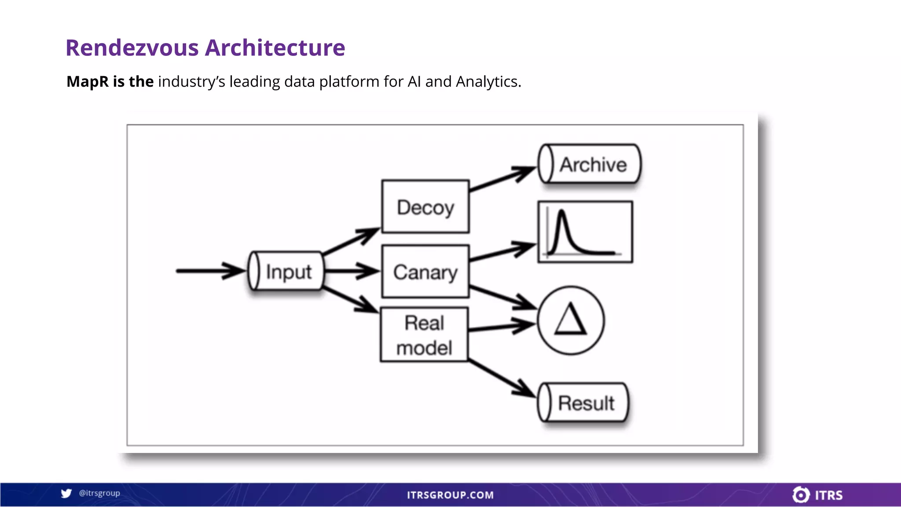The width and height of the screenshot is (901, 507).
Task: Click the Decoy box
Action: [x=425, y=207]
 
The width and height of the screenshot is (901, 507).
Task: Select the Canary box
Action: [x=425, y=272]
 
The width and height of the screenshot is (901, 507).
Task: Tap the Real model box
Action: [x=424, y=335]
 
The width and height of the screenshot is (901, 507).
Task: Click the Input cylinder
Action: [x=286, y=271]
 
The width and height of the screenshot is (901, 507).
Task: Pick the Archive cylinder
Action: [x=590, y=164]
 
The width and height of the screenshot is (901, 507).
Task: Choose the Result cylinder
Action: [x=583, y=403]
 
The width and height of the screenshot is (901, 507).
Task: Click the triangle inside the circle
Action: [x=571, y=320]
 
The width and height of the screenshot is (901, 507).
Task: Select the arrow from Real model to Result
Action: [x=502, y=378]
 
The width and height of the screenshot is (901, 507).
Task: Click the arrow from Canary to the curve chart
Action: [x=502, y=253]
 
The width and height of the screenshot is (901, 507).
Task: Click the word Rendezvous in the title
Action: [x=132, y=48]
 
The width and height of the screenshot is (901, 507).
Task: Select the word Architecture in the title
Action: [x=275, y=48]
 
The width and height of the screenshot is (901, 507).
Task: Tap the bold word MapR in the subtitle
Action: [x=88, y=82]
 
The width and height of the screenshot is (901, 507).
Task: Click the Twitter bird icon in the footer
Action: [x=66, y=493]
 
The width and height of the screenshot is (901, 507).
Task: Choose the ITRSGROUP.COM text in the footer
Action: [x=450, y=495]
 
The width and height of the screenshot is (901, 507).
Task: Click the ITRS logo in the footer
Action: [x=817, y=495]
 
